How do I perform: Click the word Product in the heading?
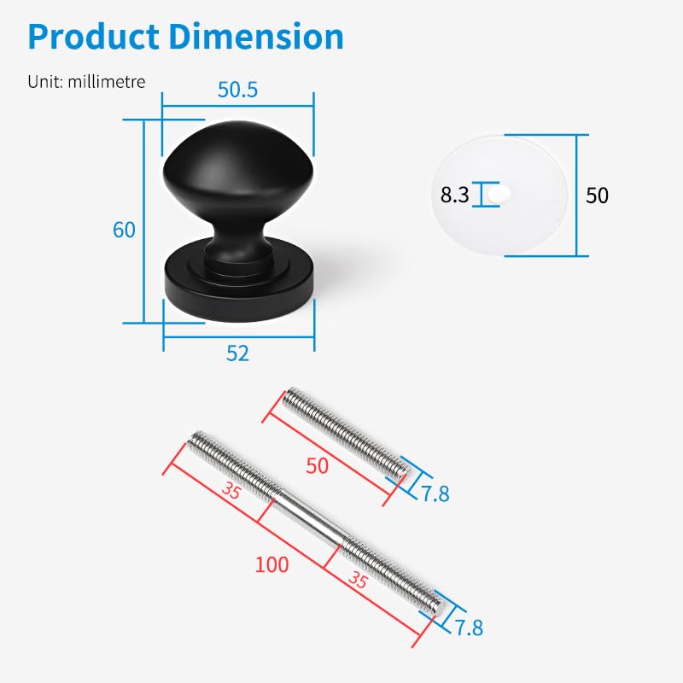pyautogui.click(x=94, y=36)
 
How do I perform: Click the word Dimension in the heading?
pyautogui.click(x=256, y=36)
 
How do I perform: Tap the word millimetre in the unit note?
pyautogui.click(x=107, y=81)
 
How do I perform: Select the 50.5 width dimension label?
pyautogui.click(x=238, y=90)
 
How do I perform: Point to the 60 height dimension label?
pyautogui.click(x=124, y=230)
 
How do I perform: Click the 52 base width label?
pyautogui.click(x=238, y=353)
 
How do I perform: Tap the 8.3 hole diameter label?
pyautogui.click(x=455, y=195)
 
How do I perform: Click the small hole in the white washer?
pyautogui.click(x=499, y=195)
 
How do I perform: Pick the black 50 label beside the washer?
pyautogui.click(x=597, y=196)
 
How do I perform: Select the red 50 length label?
pyautogui.click(x=317, y=465)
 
